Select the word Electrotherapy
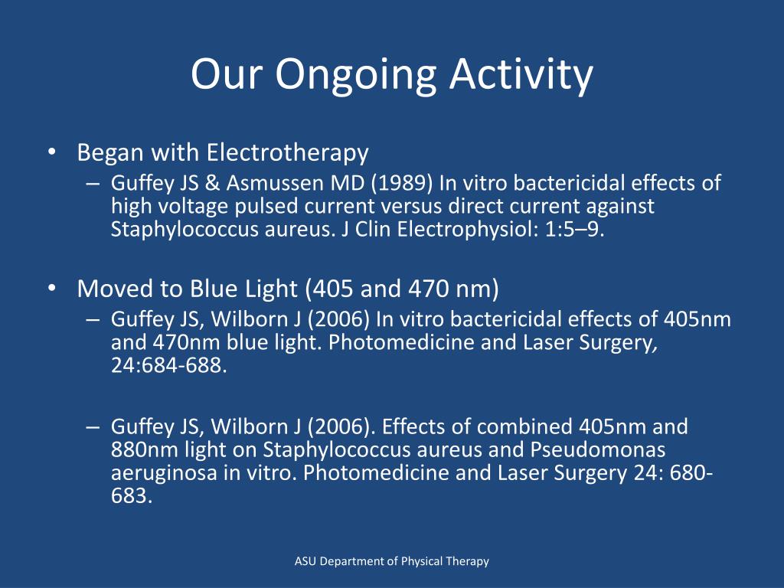pyautogui.click(x=287, y=153)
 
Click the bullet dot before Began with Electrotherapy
pyautogui.click(x=51, y=153)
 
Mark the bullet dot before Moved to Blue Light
pyautogui.click(x=51, y=289)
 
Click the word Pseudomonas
pyautogui.click(x=590, y=449)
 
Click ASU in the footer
pyautogui.click(x=305, y=561)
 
